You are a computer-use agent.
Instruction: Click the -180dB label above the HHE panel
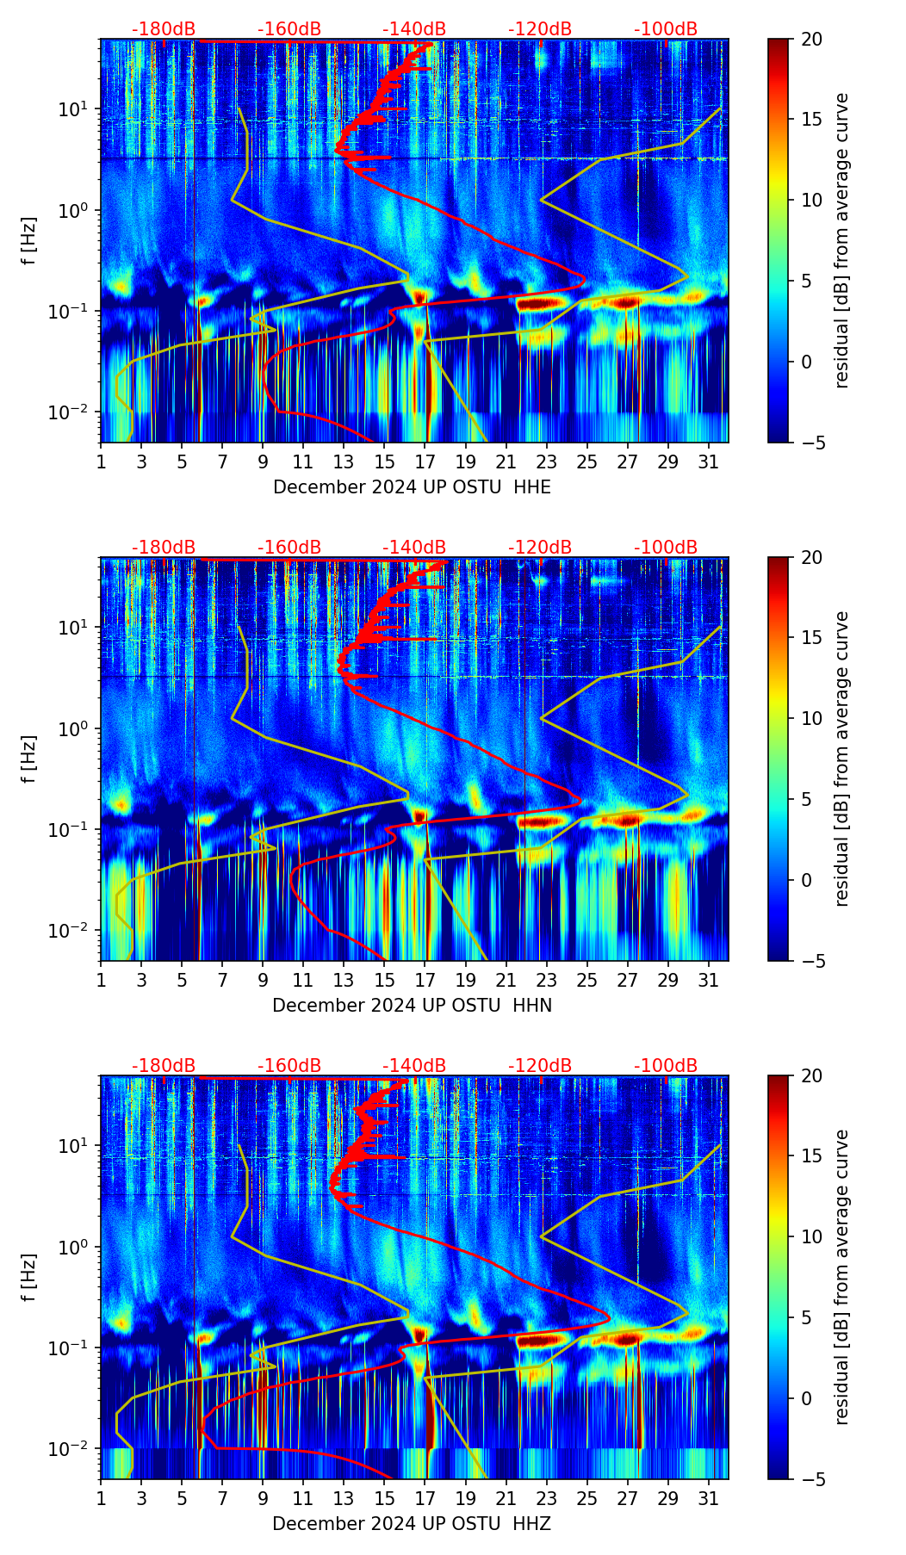click(164, 29)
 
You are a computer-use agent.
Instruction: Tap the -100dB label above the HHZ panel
click(666, 1066)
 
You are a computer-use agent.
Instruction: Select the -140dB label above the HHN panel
click(414, 548)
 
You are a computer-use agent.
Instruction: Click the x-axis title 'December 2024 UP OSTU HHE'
click(412, 487)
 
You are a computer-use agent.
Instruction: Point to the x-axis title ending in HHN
click(412, 1006)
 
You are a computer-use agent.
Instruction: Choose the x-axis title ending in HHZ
click(412, 1524)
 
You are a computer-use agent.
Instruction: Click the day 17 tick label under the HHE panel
click(425, 462)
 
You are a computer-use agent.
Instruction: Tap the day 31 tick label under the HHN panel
click(709, 980)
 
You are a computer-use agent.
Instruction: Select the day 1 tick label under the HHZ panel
click(101, 1498)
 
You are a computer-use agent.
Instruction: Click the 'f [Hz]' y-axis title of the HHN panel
click(30, 759)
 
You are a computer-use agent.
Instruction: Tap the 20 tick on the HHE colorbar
click(810, 40)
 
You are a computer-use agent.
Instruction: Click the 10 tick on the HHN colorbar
click(810, 719)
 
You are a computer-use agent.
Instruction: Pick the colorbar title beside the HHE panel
click(841, 240)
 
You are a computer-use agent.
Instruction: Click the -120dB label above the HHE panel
click(540, 29)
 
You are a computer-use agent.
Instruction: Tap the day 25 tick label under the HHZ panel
click(587, 1498)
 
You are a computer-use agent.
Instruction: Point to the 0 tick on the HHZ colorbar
click(806, 1398)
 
